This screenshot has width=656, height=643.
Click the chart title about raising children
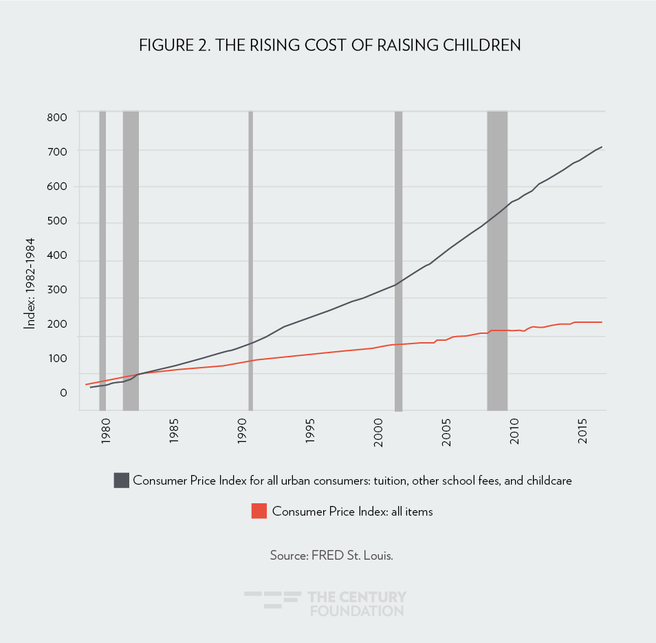tap(329, 45)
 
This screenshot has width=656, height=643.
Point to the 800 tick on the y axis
tap(58, 117)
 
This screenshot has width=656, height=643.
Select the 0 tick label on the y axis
tap(63, 393)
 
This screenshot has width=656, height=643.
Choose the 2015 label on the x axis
tap(582, 436)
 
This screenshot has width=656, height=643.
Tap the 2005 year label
tap(446, 436)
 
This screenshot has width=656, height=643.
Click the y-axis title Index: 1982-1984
tap(30, 283)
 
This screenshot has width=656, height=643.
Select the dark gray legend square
tap(121, 481)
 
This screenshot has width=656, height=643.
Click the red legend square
tap(259, 511)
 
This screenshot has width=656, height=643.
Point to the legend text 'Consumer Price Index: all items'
tap(352, 512)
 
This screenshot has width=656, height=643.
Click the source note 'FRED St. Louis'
tap(331, 555)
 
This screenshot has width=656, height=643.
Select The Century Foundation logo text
tap(358, 604)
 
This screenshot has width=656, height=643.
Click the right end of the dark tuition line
tap(602, 147)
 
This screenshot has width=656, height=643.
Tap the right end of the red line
tap(602, 322)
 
